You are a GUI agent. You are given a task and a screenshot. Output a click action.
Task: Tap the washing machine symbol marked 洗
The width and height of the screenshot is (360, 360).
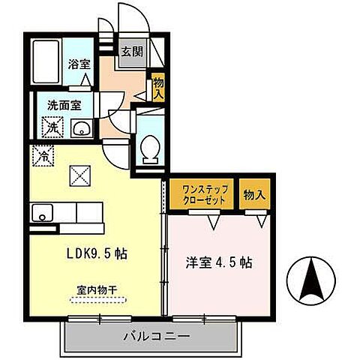52,128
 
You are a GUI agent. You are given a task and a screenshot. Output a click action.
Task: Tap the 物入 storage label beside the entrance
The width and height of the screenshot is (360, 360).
157,88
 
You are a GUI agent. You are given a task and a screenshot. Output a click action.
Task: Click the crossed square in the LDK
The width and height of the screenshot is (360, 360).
79,175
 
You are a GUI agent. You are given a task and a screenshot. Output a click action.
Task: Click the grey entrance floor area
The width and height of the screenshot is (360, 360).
132,58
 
